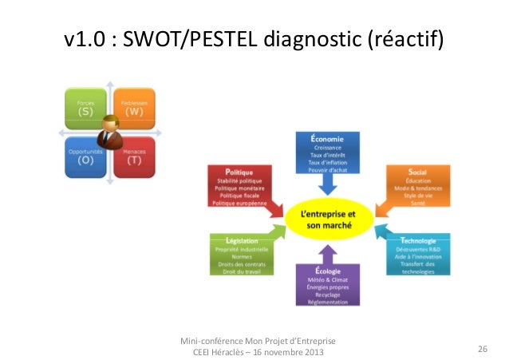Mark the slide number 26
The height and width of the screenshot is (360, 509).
pos(482,349)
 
